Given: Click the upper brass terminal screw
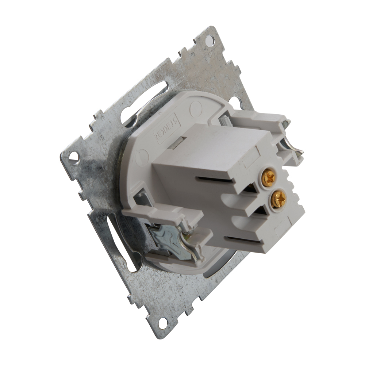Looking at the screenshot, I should [x=269, y=178].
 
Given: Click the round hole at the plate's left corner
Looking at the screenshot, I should [x=73, y=156].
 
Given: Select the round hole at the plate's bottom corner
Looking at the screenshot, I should [x=162, y=322].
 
